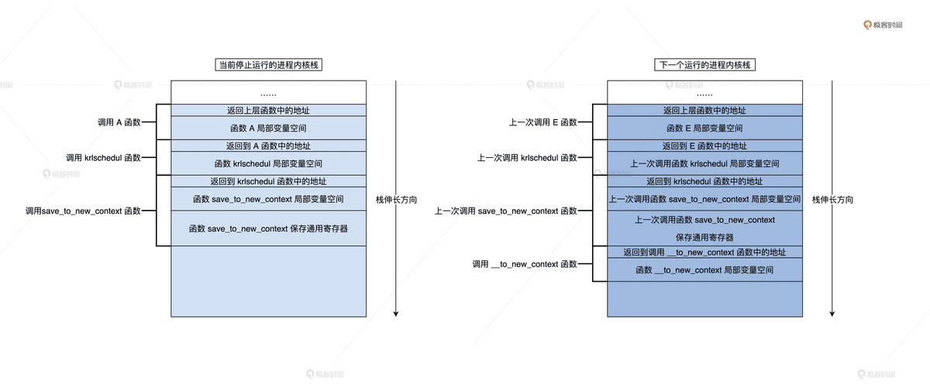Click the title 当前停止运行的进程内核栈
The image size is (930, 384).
(268, 66)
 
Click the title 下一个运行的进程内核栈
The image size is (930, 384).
(704, 66)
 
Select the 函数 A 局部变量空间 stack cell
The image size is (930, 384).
(268, 128)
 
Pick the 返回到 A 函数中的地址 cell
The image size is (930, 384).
(268, 146)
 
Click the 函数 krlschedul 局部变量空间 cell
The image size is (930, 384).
(268, 163)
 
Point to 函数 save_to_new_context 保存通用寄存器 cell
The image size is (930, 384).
(268, 228)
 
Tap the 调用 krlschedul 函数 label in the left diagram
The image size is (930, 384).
(104, 158)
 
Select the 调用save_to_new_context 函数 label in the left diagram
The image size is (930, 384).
(83, 211)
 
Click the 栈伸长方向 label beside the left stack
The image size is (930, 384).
(396, 199)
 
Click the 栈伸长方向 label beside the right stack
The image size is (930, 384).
(832, 199)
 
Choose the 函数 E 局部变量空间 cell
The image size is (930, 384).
(704, 128)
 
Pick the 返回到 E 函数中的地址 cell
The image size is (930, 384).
(704, 146)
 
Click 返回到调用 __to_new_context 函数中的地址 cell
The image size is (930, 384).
(704, 252)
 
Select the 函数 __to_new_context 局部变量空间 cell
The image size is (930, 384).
(704, 270)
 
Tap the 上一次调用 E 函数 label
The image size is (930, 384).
(542, 122)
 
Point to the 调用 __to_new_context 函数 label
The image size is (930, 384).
(525, 264)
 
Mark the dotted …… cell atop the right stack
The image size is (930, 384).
(704, 93)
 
